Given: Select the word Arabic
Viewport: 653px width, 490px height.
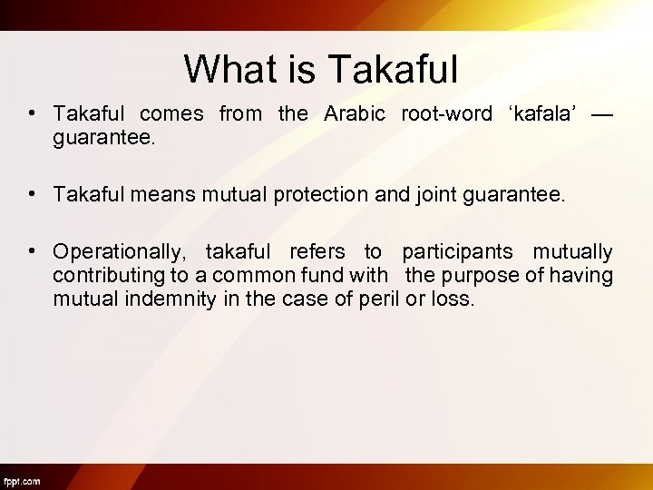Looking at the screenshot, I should (355, 113).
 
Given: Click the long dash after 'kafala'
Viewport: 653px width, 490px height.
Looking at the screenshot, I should (601, 113).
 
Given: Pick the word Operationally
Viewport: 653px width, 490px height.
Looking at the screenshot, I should (119, 251).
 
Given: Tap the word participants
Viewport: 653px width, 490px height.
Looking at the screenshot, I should (457, 251).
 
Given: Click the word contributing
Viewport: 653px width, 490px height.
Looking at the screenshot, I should (109, 275).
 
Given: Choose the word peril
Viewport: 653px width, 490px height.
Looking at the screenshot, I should (380, 299).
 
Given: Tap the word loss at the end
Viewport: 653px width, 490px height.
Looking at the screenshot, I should (453, 299).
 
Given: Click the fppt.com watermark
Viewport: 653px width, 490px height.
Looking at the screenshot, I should (22, 480).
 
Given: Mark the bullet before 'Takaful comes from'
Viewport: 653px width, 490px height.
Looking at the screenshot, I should (32, 113).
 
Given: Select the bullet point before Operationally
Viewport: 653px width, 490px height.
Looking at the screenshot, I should (32, 251).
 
